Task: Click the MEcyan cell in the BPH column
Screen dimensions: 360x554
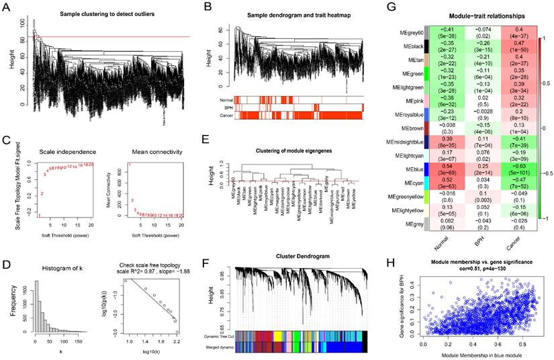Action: click(x=463, y=185)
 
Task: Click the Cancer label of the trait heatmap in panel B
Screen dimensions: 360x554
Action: click(x=226, y=116)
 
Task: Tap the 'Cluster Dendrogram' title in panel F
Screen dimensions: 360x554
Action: click(x=293, y=256)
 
